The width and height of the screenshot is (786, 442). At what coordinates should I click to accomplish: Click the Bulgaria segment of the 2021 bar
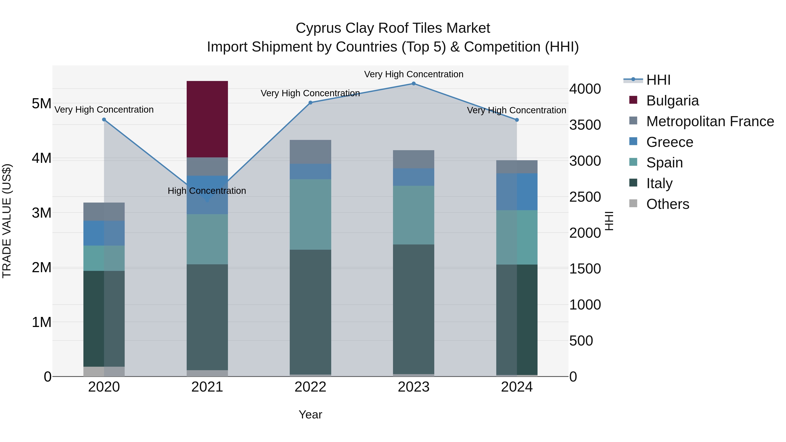point(207,119)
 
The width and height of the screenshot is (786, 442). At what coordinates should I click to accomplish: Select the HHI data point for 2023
point(414,84)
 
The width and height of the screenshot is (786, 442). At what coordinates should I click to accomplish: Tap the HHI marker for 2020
point(104,120)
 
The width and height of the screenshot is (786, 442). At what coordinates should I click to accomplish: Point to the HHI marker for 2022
point(310,103)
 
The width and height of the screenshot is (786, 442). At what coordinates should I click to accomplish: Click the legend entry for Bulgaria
point(672,101)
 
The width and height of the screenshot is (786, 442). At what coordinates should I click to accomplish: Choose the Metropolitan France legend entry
point(710,121)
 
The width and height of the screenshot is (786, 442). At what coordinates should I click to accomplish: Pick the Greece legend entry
point(669,142)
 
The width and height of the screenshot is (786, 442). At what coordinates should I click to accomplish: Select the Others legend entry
point(668,204)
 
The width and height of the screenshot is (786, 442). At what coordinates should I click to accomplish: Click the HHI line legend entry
point(658,80)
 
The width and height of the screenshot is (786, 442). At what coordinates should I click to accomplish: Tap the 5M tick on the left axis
point(41,104)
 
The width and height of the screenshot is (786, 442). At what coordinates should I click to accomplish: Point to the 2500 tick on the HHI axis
point(585,197)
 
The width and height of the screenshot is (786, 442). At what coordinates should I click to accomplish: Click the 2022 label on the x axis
point(310,387)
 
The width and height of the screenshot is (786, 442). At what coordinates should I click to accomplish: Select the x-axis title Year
point(310,414)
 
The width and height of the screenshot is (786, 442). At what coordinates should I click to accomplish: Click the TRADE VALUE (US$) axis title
point(7,221)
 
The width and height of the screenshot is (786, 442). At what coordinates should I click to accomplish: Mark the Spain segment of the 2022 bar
point(310,214)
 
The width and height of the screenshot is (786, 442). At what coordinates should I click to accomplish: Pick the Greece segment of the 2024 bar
point(517,192)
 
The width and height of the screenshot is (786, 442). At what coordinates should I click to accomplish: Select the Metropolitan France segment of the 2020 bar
point(104,211)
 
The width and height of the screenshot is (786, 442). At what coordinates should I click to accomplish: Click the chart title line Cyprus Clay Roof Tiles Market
point(393,28)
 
